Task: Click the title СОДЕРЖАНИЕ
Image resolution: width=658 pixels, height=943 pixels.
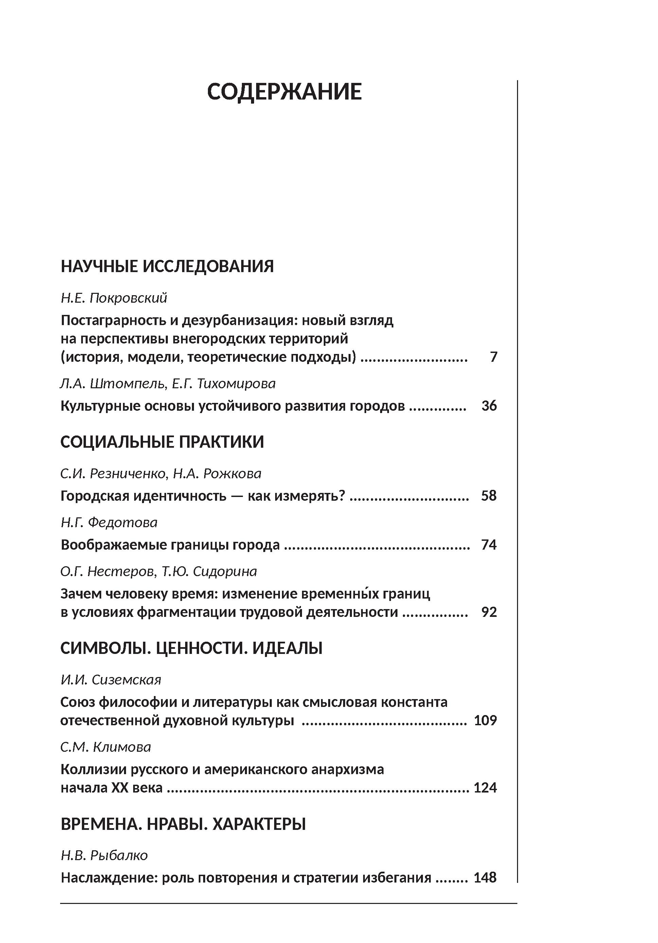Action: pyautogui.click(x=284, y=92)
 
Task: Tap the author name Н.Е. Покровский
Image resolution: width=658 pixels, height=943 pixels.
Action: pyautogui.click(x=114, y=298)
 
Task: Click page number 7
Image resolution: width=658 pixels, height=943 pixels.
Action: pyautogui.click(x=493, y=357)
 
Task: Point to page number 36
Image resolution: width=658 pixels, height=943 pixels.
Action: pyautogui.click(x=489, y=406)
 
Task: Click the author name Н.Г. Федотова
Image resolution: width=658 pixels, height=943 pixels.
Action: pyautogui.click(x=109, y=522)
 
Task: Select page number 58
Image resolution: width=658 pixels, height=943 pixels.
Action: pyautogui.click(x=489, y=496)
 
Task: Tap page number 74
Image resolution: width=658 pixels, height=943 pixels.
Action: pyautogui.click(x=489, y=545)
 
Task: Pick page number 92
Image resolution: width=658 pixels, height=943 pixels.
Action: pyautogui.click(x=489, y=612)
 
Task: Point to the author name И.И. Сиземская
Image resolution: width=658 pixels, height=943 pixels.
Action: pyautogui.click(x=111, y=680)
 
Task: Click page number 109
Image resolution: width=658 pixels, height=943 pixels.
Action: pyautogui.click(x=485, y=720)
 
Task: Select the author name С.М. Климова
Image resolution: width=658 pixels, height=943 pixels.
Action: pyautogui.click(x=106, y=747)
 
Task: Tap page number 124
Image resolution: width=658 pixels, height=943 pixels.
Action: pyautogui.click(x=485, y=788)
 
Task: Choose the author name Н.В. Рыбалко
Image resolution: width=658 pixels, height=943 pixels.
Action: pyautogui.click(x=104, y=855)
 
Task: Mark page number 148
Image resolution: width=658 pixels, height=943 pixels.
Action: pyautogui.click(x=485, y=878)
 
